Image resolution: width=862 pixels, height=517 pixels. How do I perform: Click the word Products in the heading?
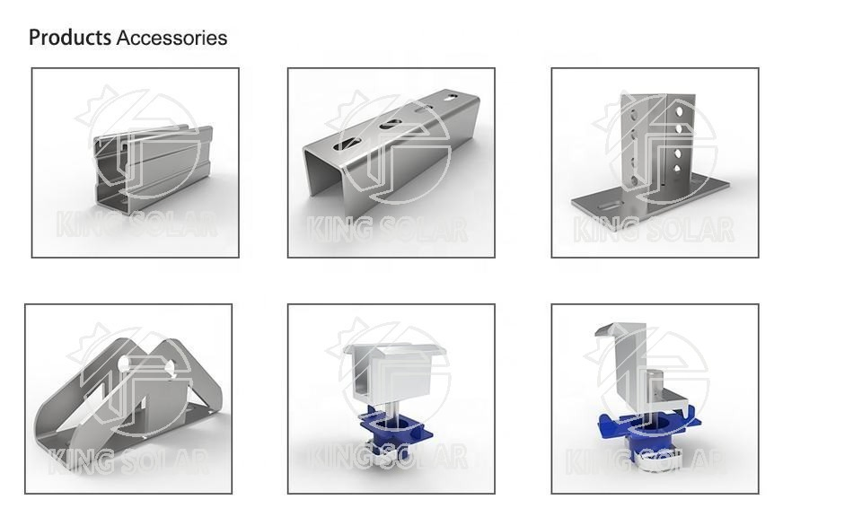70,38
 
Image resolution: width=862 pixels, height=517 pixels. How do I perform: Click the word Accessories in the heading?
172,38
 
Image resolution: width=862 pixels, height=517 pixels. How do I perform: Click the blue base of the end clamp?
651,431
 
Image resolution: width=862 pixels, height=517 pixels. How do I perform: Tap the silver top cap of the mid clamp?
391,359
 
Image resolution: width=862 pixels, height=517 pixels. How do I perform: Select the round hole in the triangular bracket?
124,364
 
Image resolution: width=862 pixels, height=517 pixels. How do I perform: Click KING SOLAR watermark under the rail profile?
136,223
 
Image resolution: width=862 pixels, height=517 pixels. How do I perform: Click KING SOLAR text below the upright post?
654,230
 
